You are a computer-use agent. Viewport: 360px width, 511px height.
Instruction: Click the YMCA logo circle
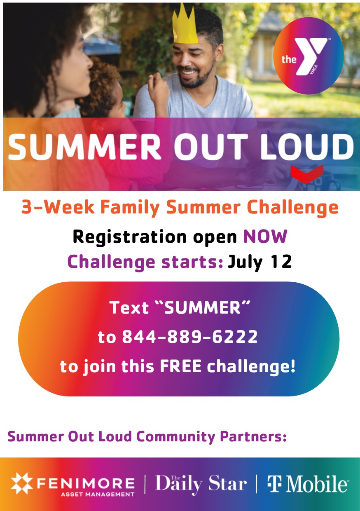[x=309, y=56]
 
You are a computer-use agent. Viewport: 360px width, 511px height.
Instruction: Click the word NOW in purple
[x=265, y=237]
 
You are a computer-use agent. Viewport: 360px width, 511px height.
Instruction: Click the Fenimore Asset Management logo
[x=73, y=484]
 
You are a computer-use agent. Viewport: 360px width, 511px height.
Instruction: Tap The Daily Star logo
[x=201, y=484]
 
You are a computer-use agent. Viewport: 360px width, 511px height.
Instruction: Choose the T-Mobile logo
[x=307, y=484]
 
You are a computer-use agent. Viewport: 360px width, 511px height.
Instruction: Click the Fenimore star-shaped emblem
[x=21, y=483]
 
